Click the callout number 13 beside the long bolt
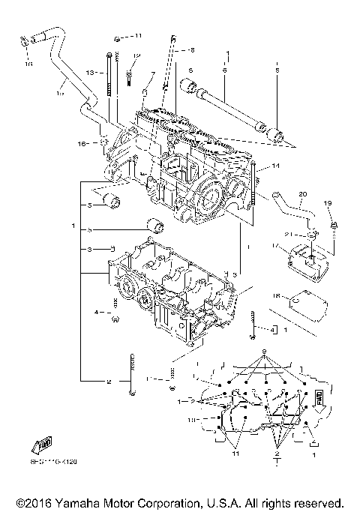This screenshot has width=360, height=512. pyautogui.click(x=89, y=73)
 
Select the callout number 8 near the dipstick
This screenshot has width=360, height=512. pyautogui.click(x=192, y=50)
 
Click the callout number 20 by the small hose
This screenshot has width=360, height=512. pyautogui.click(x=302, y=193)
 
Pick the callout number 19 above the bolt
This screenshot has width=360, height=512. pyautogui.click(x=327, y=203)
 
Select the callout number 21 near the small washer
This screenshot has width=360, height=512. pyautogui.click(x=306, y=235)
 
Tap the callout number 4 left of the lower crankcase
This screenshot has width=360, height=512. pyautogui.click(x=97, y=311)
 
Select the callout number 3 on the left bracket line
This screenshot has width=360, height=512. pyautogui.click(x=89, y=248)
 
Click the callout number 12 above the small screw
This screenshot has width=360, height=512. pyautogui.click(x=137, y=55)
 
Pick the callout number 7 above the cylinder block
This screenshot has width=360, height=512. pyautogui.click(x=154, y=74)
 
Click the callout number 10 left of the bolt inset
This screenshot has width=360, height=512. pyautogui.click(x=191, y=421)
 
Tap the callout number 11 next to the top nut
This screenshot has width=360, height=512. pyautogui.click(x=138, y=35)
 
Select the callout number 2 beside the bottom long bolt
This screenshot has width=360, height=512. pyautogui.click(x=109, y=382)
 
